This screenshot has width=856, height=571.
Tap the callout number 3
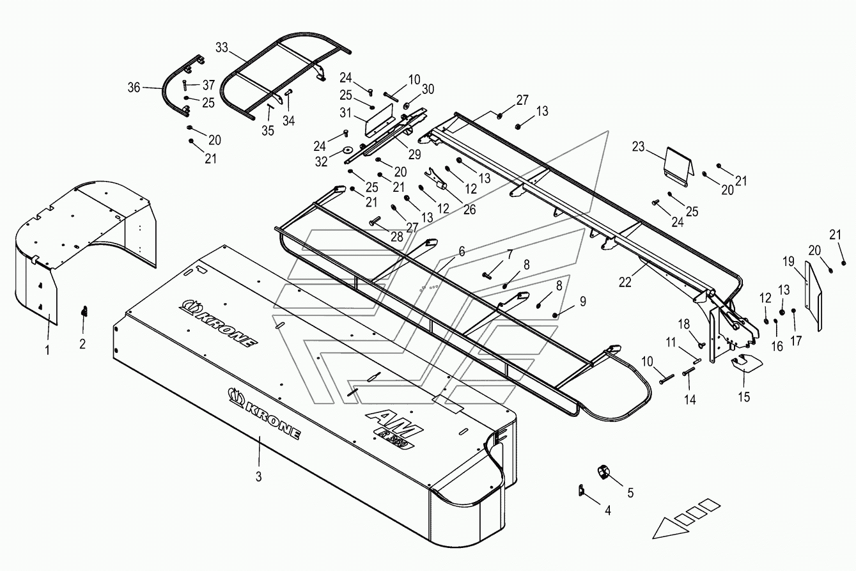[x=258, y=476]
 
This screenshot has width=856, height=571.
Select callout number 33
[x=222, y=48]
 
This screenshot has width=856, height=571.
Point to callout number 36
[x=134, y=88]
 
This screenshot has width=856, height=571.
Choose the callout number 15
[x=743, y=397]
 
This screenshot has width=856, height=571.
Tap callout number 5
[x=630, y=492]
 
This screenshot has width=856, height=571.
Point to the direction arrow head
[x=664, y=530]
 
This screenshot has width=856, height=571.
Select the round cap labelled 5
[x=603, y=473]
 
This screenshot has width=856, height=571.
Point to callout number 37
[x=208, y=86]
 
